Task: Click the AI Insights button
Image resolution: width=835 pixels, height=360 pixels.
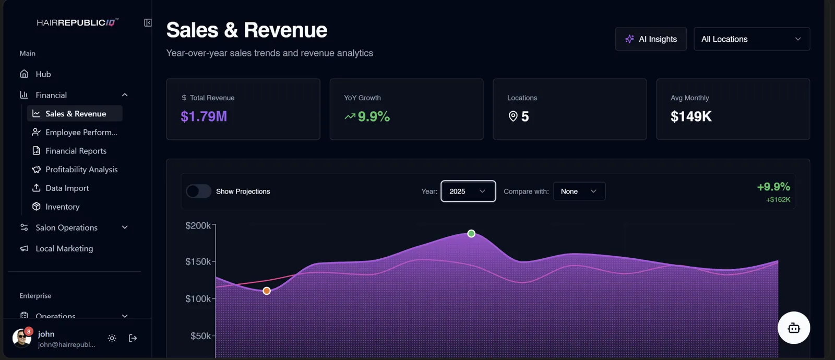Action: pos(650,39)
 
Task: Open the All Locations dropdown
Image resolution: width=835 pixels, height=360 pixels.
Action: pos(751,39)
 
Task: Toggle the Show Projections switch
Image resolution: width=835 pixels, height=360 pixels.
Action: pos(199,191)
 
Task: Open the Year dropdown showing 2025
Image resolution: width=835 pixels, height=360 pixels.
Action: pos(468,191)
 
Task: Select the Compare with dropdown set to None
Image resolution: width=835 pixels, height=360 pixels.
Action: pos(579,191)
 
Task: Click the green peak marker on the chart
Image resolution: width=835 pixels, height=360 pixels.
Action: pos(471,234)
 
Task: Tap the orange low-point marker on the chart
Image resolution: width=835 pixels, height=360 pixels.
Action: pos(267,291)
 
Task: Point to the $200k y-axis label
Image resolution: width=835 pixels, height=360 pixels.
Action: pos(198,225)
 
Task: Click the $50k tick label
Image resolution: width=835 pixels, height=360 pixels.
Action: pos(200,336)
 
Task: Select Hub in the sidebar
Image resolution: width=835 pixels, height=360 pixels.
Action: pos(43,74)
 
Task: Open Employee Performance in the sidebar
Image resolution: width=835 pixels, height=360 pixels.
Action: pos(81,133)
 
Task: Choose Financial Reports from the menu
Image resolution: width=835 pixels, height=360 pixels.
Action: pos(76,151)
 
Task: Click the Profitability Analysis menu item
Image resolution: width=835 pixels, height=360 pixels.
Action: pos(81,170)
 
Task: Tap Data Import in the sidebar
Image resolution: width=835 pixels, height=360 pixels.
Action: pos(67,188)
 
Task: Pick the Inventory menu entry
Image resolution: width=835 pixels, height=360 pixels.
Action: pos(62,207)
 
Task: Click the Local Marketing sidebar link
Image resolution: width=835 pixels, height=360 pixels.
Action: pos(64,248)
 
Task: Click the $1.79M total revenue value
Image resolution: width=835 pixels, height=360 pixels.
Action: pos(204,116)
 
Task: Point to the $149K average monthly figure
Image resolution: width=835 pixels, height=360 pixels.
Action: pos(691,116)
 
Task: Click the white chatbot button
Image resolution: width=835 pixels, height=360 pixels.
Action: pos(794,328)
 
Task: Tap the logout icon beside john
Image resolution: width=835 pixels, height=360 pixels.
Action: pos(133,338)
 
